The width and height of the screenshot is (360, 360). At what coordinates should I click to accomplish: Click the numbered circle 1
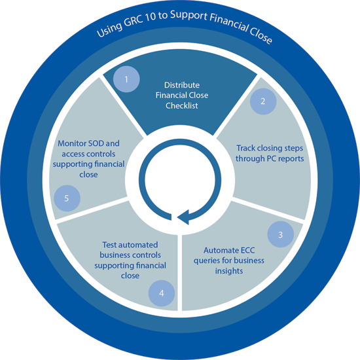[x=126, y=79]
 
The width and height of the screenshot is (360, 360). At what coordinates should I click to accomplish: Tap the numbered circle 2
[x=263, y=101]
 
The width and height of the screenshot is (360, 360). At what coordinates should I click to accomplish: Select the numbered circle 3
[x=281, y=234]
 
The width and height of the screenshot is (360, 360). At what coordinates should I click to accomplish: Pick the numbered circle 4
[x=162, y=293]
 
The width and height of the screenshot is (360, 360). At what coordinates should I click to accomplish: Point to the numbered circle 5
[x=67, y=198]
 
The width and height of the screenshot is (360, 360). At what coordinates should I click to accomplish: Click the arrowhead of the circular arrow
[x=183, y=217]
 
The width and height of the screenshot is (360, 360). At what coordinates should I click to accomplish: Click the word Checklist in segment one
[x=182, y=105]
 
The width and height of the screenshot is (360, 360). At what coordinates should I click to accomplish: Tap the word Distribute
[x=182, y=85]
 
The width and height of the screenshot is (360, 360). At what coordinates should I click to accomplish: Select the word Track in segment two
[x=245, y=148]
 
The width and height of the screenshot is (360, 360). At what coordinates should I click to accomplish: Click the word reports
[x=291, y=158]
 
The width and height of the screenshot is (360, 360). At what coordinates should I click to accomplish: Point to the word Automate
[x=219, y=250]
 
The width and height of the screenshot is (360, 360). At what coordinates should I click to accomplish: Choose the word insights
[x=229, y=271]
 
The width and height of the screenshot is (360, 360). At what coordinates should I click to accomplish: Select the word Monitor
[x=72, y=143]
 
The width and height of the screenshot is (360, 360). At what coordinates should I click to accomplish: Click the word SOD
[x=96, y=143]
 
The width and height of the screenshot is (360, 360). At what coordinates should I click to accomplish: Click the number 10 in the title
[x=151, y=17]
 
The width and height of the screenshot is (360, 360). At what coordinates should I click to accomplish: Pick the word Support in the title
[x=189, y=15]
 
